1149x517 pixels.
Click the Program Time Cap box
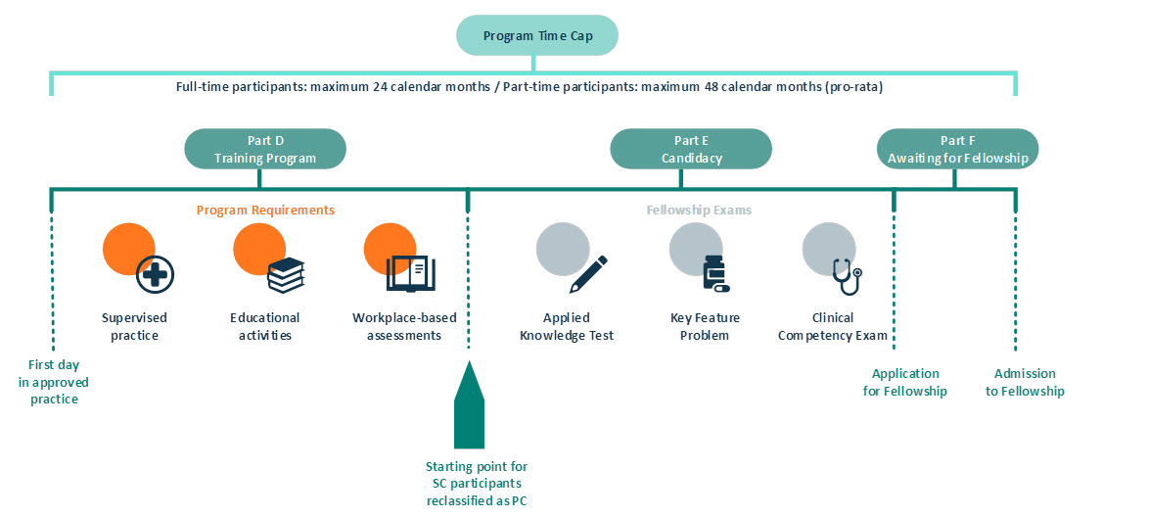coord(537,36)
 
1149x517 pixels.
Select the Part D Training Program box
coord(266,149)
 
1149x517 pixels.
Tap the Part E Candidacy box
coord(691,149)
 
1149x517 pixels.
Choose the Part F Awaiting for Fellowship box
coord(957,149)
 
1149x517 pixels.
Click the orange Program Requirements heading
coord(265,211)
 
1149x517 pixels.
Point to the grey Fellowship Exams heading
coord(699,211)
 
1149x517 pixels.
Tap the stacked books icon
coord(286,275)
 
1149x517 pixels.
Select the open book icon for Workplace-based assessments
coord(409,273)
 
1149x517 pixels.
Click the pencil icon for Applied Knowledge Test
coord(588,274)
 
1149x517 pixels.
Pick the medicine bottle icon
coord(716,274)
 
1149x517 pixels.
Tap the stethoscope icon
coord(847,275)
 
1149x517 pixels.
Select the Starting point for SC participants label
coord(477,483)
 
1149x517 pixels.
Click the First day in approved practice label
coord(48,382)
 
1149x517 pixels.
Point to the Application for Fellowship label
coord(904,382)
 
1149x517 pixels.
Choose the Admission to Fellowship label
coord(1025,382)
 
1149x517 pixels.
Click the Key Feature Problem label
coord(705,327)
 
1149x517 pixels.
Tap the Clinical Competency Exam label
coord(833,327)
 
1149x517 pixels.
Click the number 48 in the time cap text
coord(712,86)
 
